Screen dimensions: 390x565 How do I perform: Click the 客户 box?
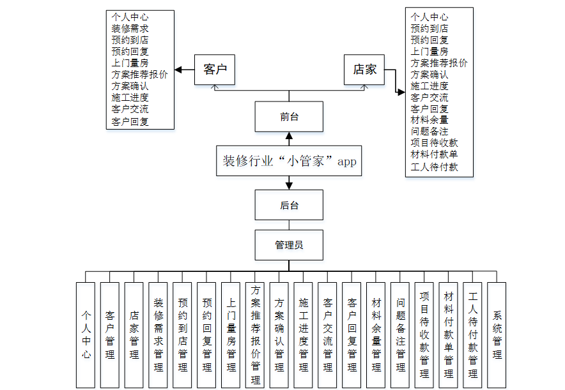[x=215, y=69]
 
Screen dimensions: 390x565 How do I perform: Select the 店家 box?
[x=365, y=69]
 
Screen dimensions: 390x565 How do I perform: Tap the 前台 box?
[x=289, y=117]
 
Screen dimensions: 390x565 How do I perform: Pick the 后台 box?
[x=289, y=205]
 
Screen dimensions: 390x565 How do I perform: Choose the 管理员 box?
[x=289, y=244]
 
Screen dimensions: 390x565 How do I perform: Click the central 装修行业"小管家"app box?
[x=289, y=161]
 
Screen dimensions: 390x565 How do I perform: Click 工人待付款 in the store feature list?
[x=434, y=167]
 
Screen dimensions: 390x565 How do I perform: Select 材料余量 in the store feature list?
[x=430, y=120]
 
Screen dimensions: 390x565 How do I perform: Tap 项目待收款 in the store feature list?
[x=434, y=143]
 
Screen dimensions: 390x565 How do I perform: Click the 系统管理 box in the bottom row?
[x=497, y=334]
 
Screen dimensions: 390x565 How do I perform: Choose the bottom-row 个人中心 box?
[x=86, y=334]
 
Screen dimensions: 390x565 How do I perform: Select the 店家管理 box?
[x=134, y=334]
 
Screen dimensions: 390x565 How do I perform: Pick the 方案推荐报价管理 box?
[x=256, y=334]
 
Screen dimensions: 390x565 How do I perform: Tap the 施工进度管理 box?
[x=304, y=334]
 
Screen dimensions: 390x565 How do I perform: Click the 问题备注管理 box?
[x=400, y=334]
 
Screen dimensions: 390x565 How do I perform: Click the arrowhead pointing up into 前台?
[x=289, y=136]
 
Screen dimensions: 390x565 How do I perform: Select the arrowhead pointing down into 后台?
[x=289, y=186]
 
